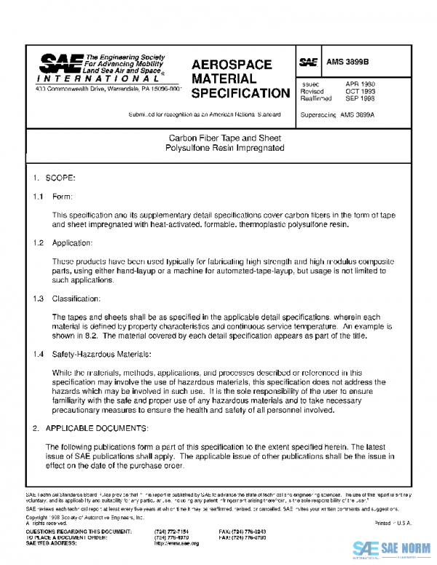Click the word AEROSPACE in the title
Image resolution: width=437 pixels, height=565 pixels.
click(231, 65)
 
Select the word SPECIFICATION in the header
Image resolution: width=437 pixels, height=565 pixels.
click(240, 93)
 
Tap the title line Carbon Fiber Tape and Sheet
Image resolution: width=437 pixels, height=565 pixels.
click(225, 138)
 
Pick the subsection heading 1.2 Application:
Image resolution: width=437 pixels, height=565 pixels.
click(63, 242)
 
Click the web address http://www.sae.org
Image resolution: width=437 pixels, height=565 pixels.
click(176, 543)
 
